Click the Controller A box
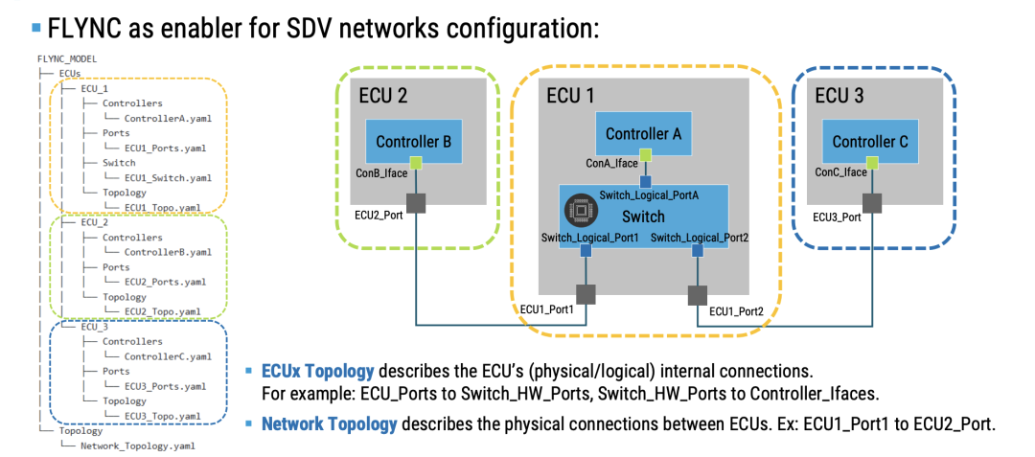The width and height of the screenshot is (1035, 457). pyautogui.click(x=643, y=134)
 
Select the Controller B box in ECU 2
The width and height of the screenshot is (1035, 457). pyautogui.click(x=413, y=142)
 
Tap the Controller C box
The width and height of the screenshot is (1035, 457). pyautogui.click(x=869, y=142)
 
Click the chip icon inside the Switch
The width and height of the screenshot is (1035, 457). pyautogui.click(x=577, y=208)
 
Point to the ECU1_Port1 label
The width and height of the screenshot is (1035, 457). pyautogui.click(x=546, y=309)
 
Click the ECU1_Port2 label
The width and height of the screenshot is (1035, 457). pyautogui.click(x=736, y=311)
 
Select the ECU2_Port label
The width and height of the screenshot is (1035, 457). pyautogui.click(x=379, y=217)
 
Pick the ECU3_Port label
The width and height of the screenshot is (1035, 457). pyautogui.click(x=837, y=217)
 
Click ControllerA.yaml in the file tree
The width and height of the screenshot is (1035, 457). pyautogui.click(x=168, y=118)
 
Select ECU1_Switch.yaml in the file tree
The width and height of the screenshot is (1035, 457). pyautogui.click(x=168, y=177)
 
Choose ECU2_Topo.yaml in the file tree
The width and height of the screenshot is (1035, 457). pyautogui.click(x=162, y=311)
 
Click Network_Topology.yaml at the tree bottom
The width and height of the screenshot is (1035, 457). pyautogui.click(x=139, y=446)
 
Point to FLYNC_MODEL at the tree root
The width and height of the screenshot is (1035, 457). pyautogui.click(x=66, y=58)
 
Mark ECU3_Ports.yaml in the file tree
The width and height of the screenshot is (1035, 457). pyautogui.click(x=165, y=386)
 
